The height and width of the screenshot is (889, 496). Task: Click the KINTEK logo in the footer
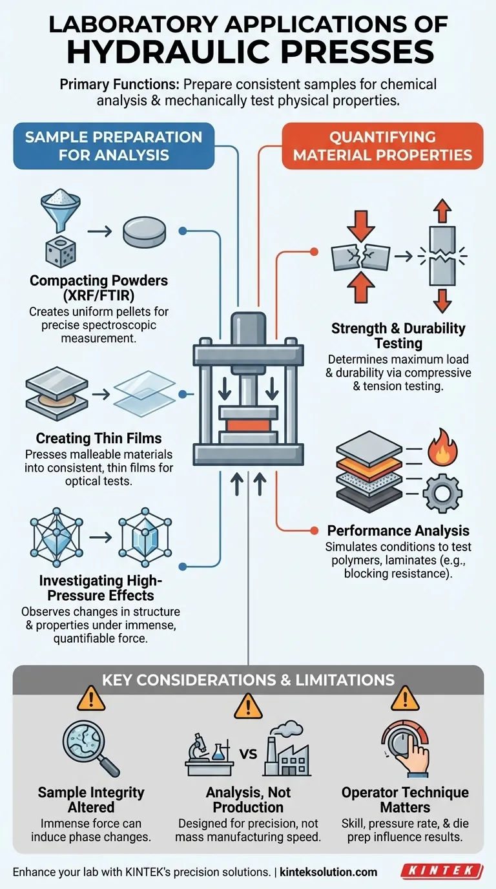pyautogui.click(x=441, y=871)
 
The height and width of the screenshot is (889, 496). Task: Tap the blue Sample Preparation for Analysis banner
pyautogui.click(x=113, y=146)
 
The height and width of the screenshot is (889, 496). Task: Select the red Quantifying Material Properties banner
pyautogui.click(x=382, y=146)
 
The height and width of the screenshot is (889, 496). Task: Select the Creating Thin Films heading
pyautogui.click(x=99, y=438)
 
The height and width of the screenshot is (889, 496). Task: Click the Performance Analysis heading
pyautogui.click(x=398, y=530)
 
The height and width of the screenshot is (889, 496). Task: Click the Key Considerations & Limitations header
pyautogui.click(x=248, y=680)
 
